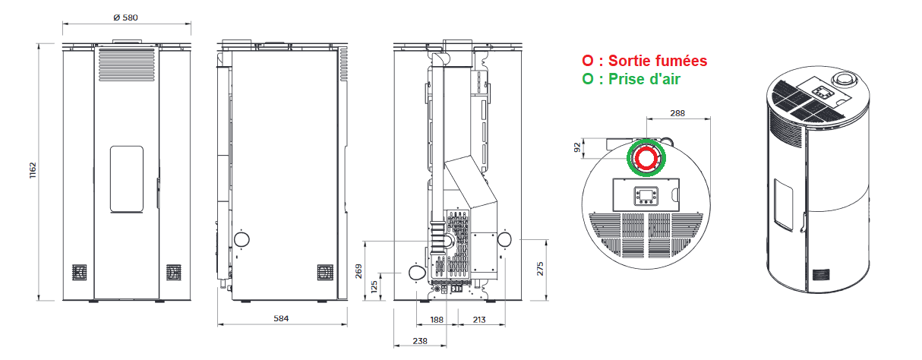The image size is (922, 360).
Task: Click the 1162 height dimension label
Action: click(33, 171)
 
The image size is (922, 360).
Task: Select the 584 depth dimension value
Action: click(281, 319)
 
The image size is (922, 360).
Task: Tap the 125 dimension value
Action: click(374, 287)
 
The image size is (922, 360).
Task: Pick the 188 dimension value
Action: click(436, 320)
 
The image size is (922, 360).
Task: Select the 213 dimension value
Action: click(478, 320)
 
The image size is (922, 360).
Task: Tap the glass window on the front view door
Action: click(127, 179)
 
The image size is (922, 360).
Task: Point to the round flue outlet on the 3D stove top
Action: click(844, 80)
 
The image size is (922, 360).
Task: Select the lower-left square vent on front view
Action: click(79, 272)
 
